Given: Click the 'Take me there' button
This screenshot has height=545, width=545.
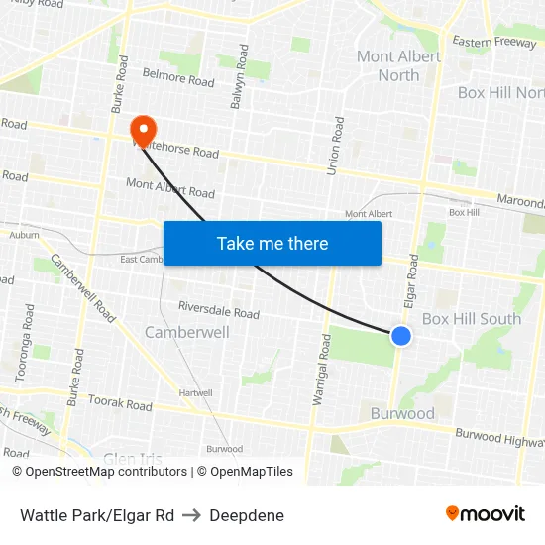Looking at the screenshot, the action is click(272, 243).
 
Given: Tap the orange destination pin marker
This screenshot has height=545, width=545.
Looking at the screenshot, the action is click(143, 128).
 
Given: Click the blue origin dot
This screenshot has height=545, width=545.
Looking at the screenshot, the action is click(401, 336).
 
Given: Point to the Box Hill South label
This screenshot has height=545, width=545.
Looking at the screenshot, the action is click(472, 318).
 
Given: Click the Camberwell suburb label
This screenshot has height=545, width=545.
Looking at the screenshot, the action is click(187, 332).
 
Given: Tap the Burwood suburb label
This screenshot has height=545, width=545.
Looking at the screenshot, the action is click(402, 413).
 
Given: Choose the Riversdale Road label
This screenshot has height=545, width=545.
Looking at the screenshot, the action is click(219, 310).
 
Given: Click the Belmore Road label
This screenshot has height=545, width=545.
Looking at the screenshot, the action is click(178, 76).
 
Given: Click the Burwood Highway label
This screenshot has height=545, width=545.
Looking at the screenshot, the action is click(499, 437).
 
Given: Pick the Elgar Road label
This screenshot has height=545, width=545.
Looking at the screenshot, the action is click(413, 278).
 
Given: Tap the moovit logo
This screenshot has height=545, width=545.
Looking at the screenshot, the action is click(485, 513).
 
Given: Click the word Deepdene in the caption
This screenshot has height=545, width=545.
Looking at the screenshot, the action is click(247, 515).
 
